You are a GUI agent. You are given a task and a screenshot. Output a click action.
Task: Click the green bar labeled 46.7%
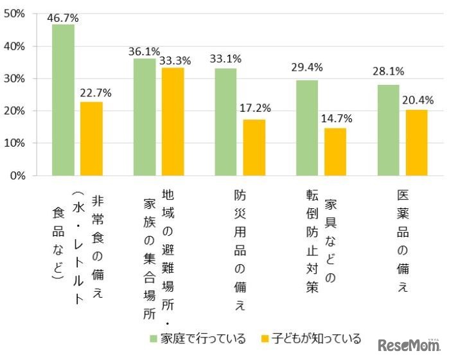click(x=63, y=100)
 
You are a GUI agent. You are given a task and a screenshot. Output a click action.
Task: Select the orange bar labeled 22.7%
click(x=91, y=138)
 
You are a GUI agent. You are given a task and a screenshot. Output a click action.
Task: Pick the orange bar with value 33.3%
click(x=173, y=122)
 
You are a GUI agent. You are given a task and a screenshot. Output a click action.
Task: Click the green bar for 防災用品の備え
click(x=226, y=122)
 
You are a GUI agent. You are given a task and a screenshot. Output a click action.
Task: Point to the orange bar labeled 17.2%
click(x=254, y=147)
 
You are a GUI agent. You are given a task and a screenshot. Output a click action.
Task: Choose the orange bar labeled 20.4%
click(x=417, y=142)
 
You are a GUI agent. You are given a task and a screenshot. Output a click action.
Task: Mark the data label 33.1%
click(x=225, y=59)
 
